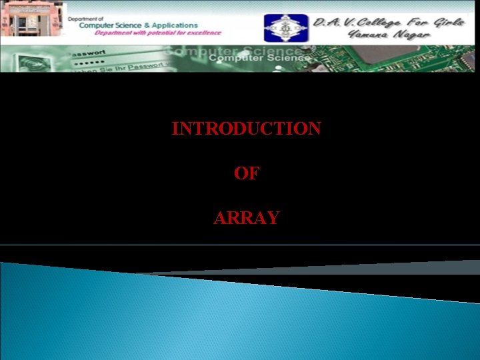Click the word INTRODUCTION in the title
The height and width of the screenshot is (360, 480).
[x=246, y=129]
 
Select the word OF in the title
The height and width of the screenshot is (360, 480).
[x=246, y=173]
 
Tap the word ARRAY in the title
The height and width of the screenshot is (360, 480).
[x=246, y=218]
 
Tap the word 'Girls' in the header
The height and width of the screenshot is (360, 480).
[x=447, y=21]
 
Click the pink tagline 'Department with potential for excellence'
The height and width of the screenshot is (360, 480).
[x=157, y=33]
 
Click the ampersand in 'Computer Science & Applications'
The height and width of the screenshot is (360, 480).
[x=145, y=25]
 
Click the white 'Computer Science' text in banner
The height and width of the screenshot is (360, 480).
[x=259, y=57]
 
